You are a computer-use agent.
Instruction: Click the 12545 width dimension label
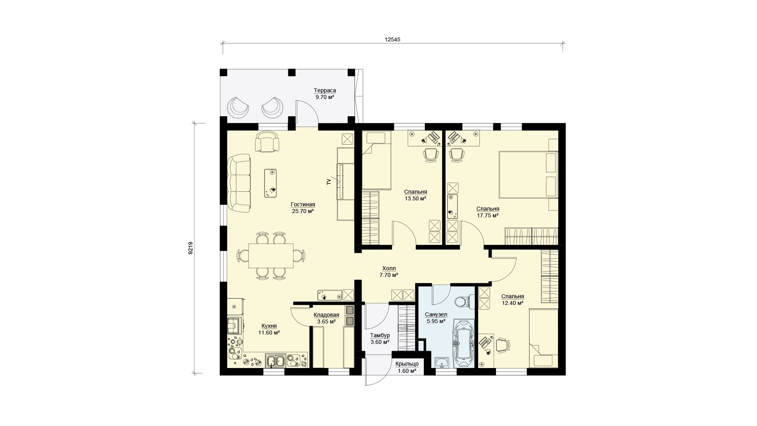tap(392, 39)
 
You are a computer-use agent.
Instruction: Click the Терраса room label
tap(325, 90)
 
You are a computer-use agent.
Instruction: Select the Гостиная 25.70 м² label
tap(303, 207)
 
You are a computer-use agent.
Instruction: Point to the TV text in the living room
tap(328, 181)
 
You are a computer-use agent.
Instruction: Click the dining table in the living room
tap(271, 256)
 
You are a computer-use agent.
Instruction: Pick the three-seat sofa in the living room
tap(239, 183)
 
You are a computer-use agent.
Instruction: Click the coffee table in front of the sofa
tap(270, 183)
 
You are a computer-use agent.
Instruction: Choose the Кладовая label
tap(326, 315)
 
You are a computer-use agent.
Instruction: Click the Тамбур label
tap(380, 335)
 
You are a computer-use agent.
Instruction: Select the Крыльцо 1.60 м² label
tap(407, 367)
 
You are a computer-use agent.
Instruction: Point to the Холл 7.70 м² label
tap(389, 271)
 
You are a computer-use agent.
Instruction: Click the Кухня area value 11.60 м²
tap(269, 333)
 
